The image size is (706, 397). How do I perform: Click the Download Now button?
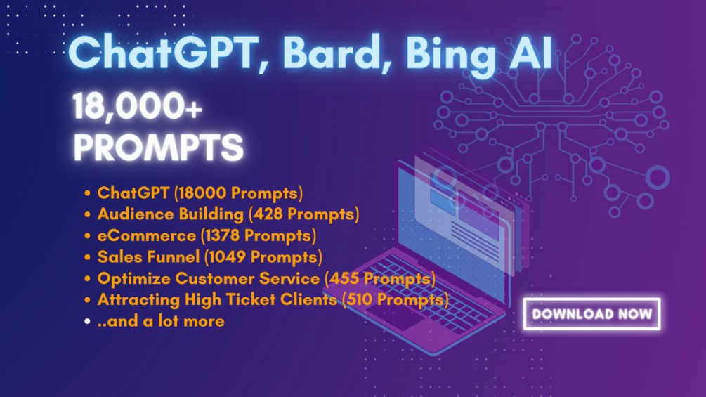[591, 313]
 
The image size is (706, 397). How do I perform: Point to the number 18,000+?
[137, 106]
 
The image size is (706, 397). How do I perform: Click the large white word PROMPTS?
[159, 147]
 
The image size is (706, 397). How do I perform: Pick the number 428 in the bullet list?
[268, 214]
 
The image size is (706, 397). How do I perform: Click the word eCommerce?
[147, 235]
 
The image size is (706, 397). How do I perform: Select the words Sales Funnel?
[148, 257]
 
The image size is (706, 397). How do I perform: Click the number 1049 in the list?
[228, 257]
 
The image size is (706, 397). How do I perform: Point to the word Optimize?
[134, 279]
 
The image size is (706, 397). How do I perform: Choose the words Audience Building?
[170, 214]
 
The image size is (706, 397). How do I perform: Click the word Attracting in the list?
[138, 300]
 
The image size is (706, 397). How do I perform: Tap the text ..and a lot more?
[161, 321]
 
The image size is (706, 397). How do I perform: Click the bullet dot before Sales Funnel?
[87, 257]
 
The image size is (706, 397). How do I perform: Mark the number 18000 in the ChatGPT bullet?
[202, 193]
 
